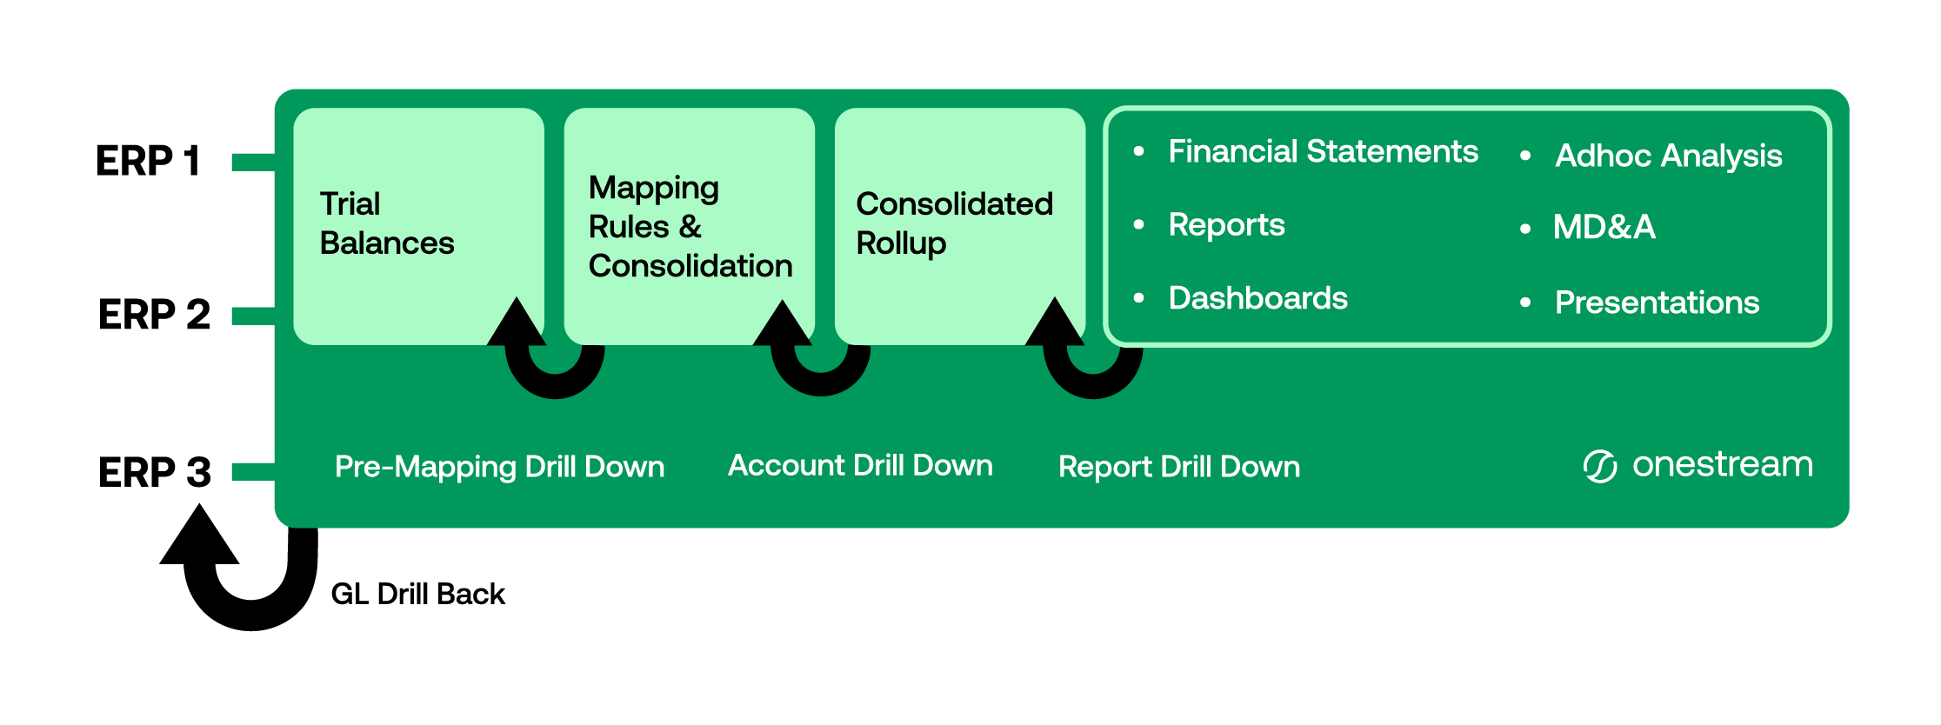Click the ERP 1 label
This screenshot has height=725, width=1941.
(149, 161)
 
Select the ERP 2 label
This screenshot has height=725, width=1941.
(154, 314)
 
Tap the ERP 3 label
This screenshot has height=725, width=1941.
(155, 472)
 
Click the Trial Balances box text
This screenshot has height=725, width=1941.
(387, 223)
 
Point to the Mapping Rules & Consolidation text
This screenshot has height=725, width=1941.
(690, 227)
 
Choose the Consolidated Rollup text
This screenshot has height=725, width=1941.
(955, 223)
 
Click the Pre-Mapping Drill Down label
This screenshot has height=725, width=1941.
(499, 467)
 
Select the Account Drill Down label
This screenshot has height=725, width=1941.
(860, 465)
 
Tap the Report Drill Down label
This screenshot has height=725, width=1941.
(1179, 467)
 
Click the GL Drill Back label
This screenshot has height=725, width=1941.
(417, 594)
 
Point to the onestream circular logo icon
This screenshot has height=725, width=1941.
(1600, 467)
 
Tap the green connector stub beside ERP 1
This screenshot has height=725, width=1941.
(254, 162)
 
